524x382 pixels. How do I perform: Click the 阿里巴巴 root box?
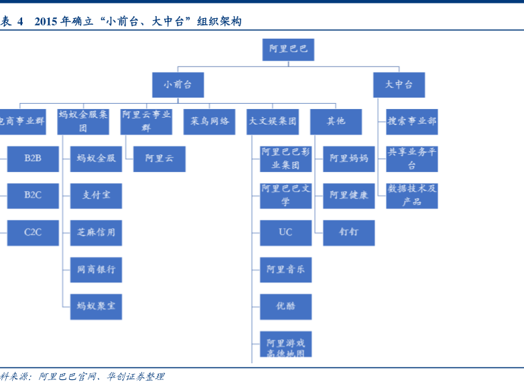(288, 50)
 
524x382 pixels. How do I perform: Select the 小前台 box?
(178, 85)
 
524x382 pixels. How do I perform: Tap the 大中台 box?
(399, 85)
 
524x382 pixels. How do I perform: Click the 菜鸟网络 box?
(210, 122)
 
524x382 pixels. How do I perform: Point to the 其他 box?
(336, 122)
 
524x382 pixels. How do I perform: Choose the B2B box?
(33, 159)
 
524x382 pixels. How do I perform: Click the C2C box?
(33, 232)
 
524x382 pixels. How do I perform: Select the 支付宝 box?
(96, 195)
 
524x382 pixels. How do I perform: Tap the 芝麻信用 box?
(96, 232)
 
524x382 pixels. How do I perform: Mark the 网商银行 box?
(96, 269)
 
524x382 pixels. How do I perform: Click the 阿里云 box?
(159, 159)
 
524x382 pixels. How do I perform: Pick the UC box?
(285, 232)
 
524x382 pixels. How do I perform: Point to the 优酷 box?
(285, 306)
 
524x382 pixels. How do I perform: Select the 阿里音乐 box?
(285, 269)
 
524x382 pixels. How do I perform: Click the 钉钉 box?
(348, 232)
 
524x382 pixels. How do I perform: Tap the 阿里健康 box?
(348, 195)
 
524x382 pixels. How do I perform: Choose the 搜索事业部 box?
(412, 122)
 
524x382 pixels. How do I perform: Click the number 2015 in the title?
(46, 21)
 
